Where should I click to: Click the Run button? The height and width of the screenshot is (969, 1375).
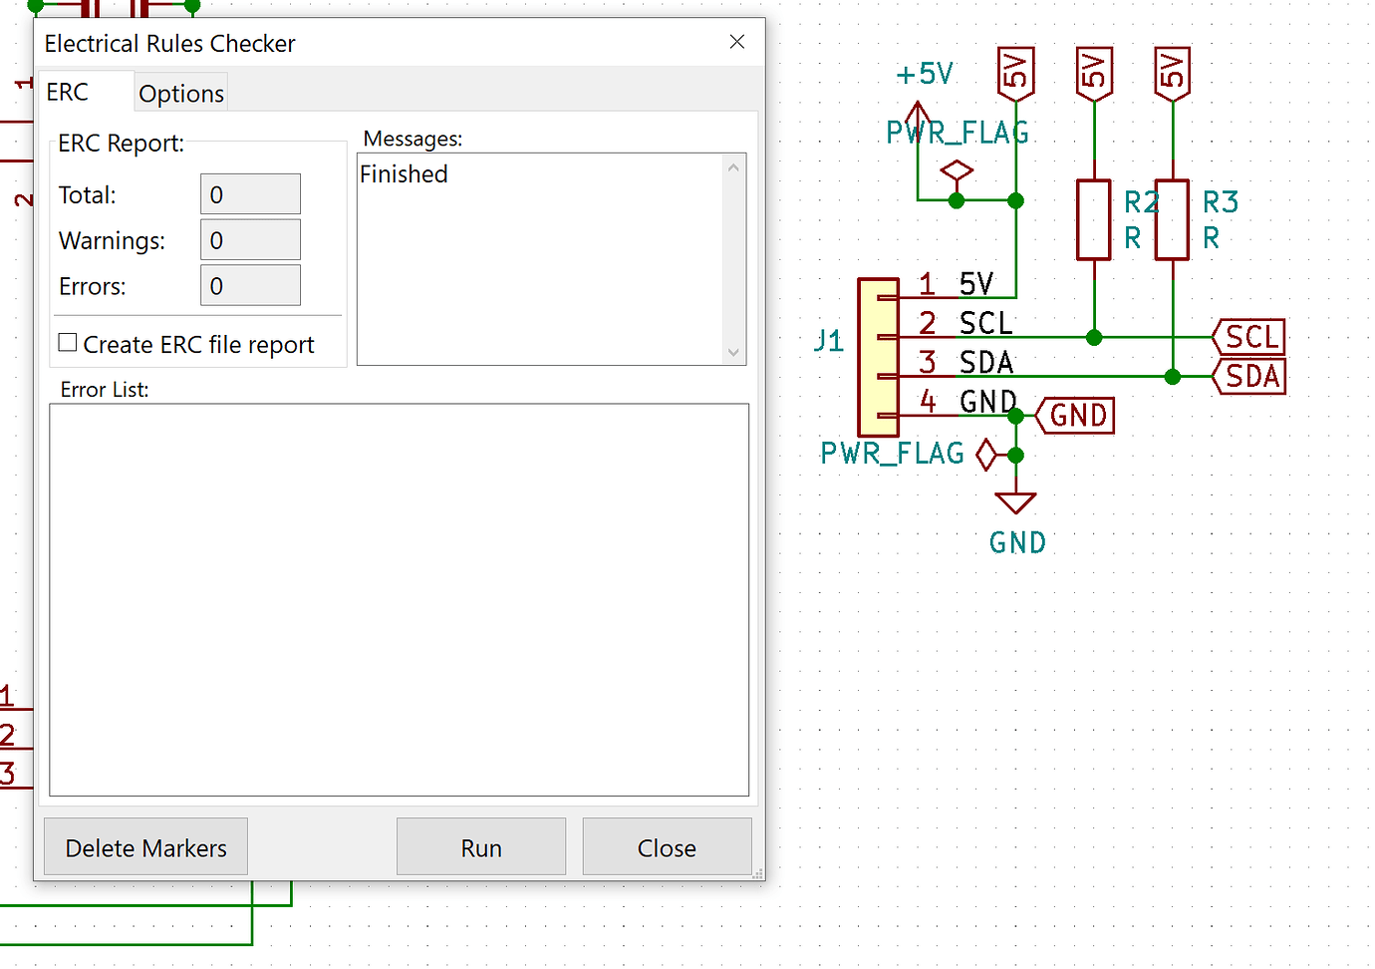pyautogui.click(x=481, y=847)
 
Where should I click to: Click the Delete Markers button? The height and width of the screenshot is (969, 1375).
pyautogui.click(x=145, y=847)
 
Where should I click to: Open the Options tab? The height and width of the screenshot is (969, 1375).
pyautogui.click(x=181, y=94)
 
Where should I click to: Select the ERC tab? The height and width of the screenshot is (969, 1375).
pyautogui.click(x=68, y=93)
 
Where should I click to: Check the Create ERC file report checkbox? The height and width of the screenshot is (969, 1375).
pyautogui.click(x=68, y=343)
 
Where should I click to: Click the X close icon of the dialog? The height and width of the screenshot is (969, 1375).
pyautogui.click(x=737, y=42)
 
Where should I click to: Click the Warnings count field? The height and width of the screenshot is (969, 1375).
pyautogui.click(x=250, y=240)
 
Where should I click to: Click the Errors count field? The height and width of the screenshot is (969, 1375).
pyautogui.click(x=250, y=286)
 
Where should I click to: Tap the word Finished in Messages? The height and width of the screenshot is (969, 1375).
pyautogui.click(x=404, y=174)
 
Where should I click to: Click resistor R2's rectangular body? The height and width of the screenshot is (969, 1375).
pyautogui.click(x=1094, y=220)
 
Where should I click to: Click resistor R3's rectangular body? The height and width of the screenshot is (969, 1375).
pyautogui.click(x=1173, y=220)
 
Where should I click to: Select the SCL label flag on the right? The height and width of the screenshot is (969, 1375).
pyautogui.click(x=1249, y=337)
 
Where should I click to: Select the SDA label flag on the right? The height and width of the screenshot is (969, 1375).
pyautogui.click(x=1249, y=377)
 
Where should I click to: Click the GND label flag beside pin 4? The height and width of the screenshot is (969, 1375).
pyautogui.click(x=1076, y=416)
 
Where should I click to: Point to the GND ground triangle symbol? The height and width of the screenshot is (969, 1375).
pyautogui.click(x=1015, y=501)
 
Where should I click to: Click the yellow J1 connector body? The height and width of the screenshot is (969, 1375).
pyautogui.click(x=879, y=357)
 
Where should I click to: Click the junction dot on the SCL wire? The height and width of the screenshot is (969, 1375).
pyautogui.click(x=1094, y=337)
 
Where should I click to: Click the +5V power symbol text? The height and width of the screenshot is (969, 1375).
pyautogui.click(x=925, y=75)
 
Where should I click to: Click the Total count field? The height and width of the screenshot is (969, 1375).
pyautogui.click(x=250, y=194)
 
